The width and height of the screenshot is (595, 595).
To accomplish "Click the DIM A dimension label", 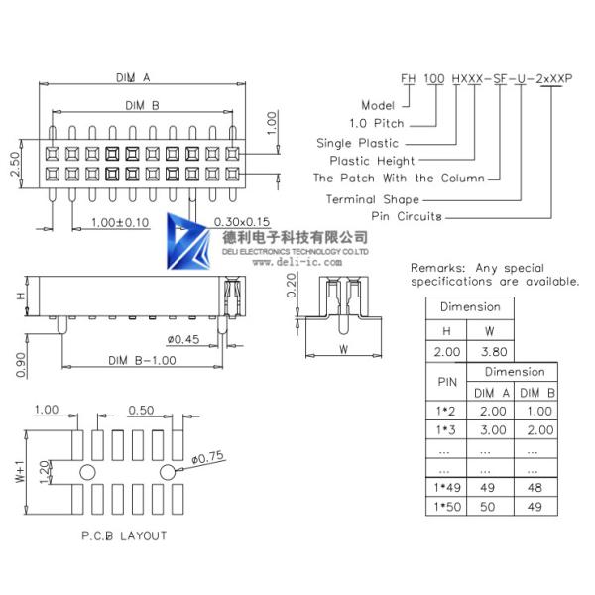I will point(132,76).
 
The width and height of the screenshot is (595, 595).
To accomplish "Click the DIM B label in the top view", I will point(143,104).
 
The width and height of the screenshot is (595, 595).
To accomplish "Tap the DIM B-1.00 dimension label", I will point(142,360).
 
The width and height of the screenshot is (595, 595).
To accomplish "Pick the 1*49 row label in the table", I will point(444,488).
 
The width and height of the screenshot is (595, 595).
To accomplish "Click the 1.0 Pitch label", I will point(378,124).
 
